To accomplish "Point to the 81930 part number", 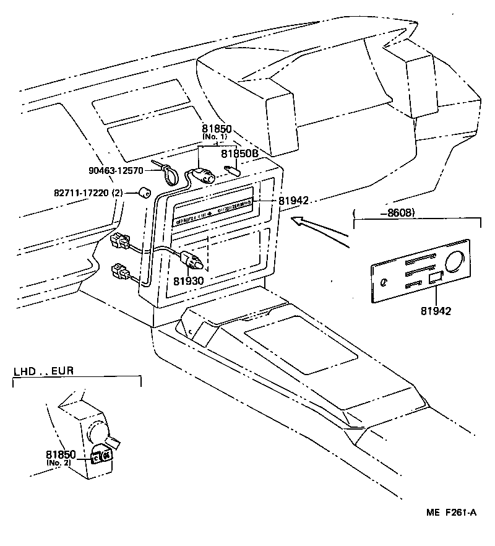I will click(188, 280).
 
